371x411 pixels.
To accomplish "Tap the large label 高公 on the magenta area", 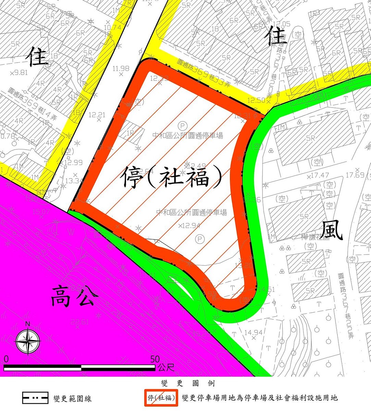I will tap(75, 296).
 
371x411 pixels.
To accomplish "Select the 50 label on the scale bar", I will tap(155, 359).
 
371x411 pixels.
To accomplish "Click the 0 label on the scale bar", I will tap(6, 359).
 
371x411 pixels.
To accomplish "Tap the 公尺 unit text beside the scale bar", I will tap(166, 368).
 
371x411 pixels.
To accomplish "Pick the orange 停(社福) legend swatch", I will tap(161, 398).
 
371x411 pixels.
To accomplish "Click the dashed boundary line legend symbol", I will tap(35, 398).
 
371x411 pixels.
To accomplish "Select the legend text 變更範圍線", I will tap(73, 398).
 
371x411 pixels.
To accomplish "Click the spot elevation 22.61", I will tap(80, 322).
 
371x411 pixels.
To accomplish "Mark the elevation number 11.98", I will tap(121, 68).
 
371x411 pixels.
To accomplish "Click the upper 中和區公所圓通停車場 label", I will tap(188, 135).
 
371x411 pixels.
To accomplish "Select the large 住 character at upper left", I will tap(38, 57).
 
